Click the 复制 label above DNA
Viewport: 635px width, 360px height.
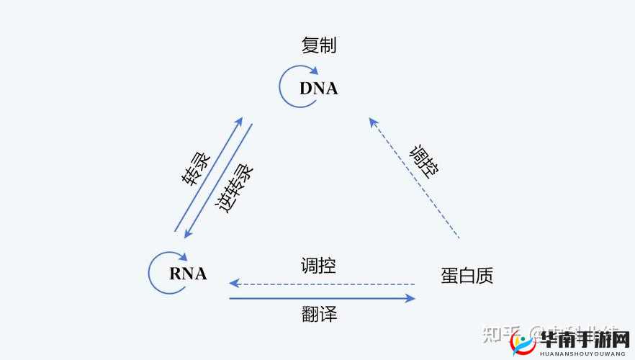click(x=319, y=46)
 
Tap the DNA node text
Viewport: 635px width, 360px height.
click(x=318, y=89)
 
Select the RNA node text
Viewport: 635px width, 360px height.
click(x=188, y=274)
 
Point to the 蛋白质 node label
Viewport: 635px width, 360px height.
click(x=467, y=276)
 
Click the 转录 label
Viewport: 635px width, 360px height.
click(x=196, y=170)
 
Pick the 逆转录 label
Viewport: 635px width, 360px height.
click(x=235, y=189)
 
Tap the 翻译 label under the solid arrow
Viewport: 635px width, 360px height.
click(x=319, y=314)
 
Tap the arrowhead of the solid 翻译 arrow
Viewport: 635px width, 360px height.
click(x=411, y=298)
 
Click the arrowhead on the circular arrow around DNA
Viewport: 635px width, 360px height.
click(x=313, y=71)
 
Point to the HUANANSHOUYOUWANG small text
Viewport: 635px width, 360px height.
click(x=582, y=352)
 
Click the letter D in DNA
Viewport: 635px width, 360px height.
click(x=305, y=89)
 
